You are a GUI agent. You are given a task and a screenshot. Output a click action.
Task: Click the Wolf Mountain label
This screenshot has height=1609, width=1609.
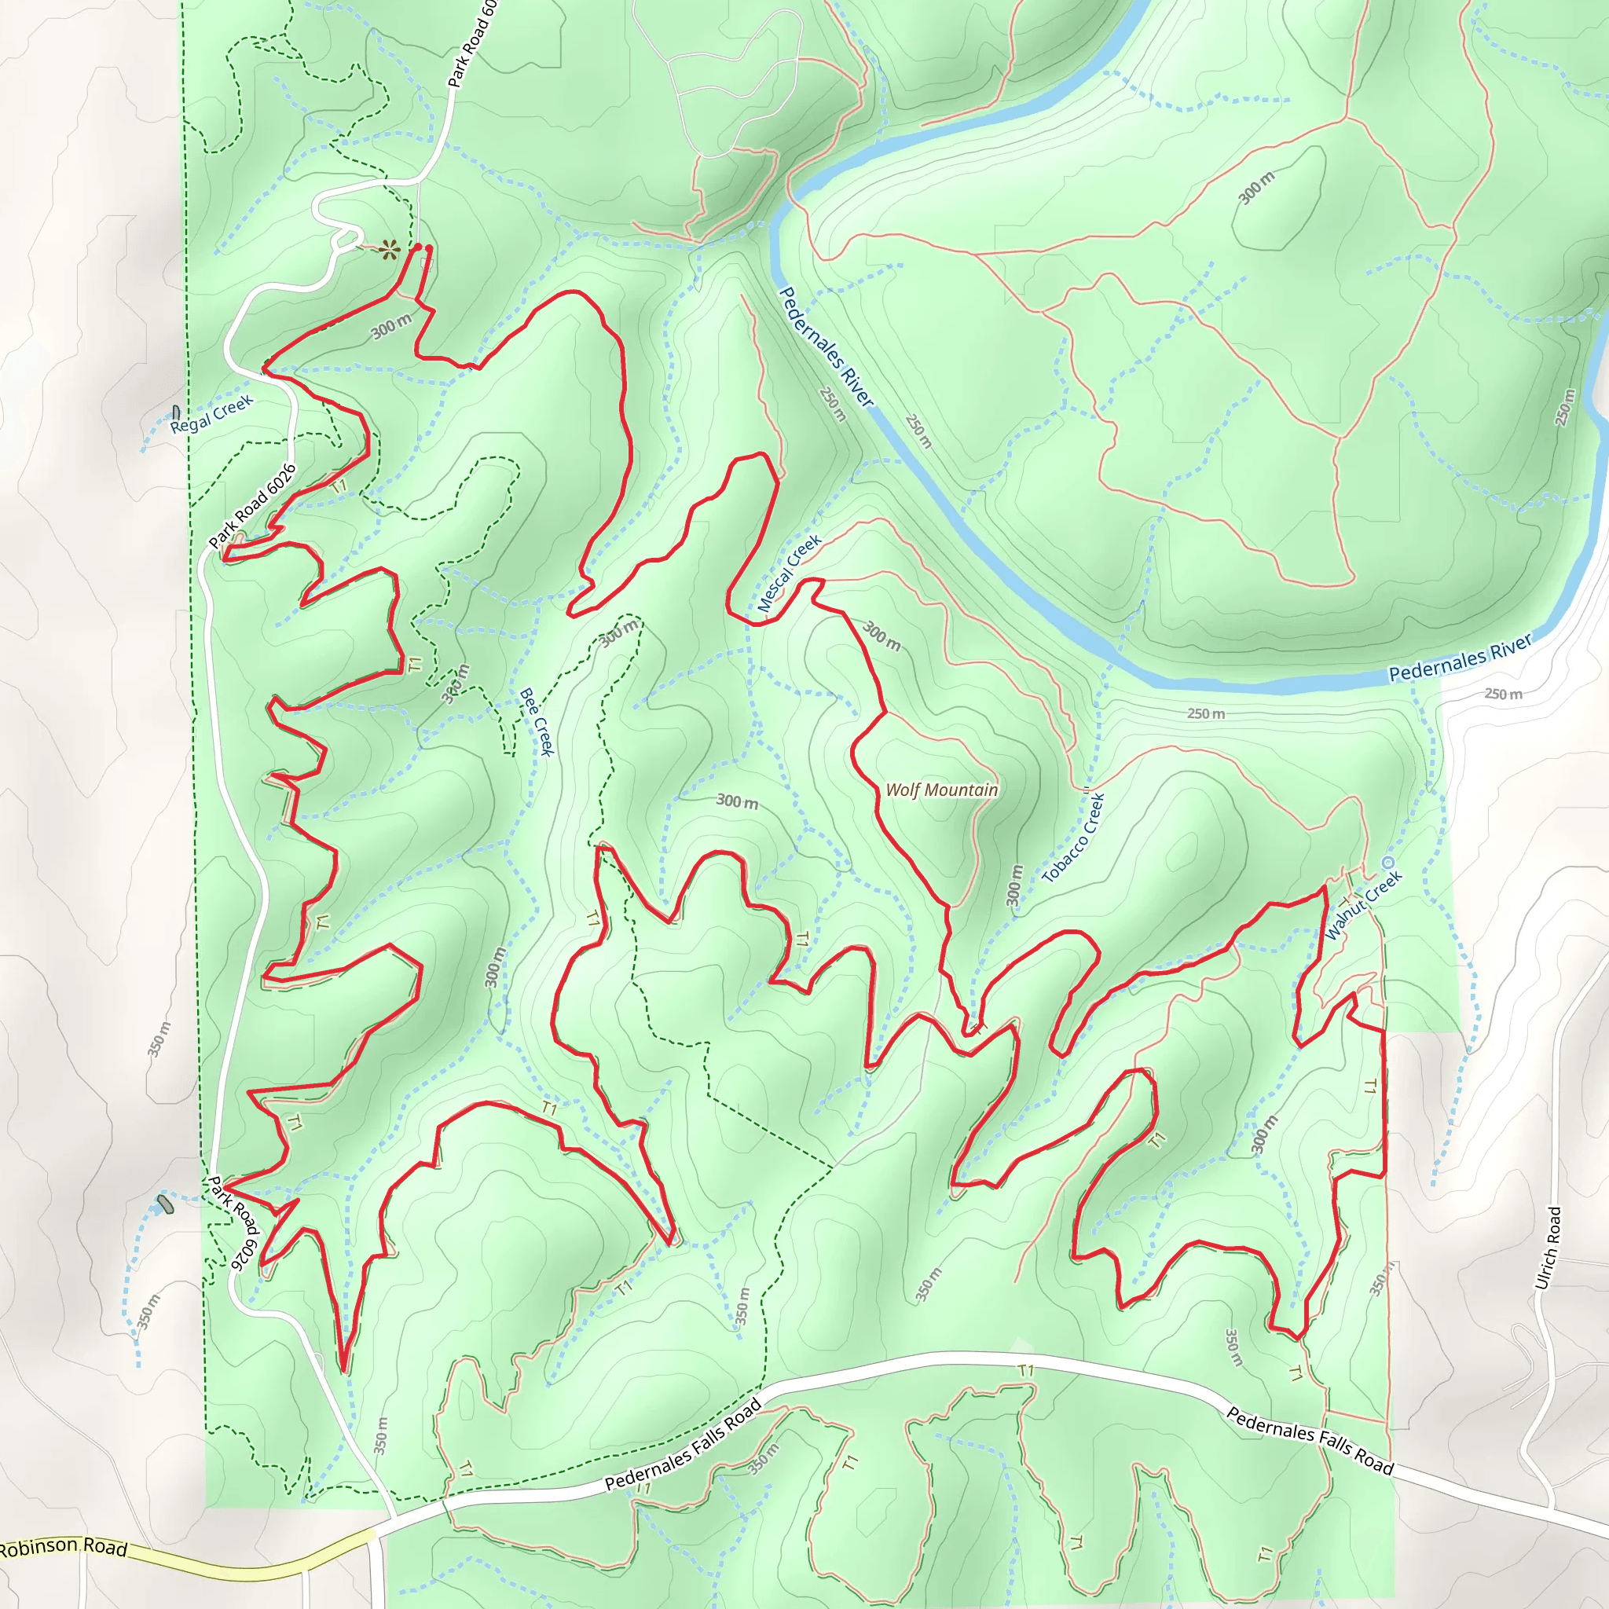(x=941, y=790)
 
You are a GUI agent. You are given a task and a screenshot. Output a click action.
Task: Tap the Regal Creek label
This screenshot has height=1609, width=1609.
(x=211, y=415)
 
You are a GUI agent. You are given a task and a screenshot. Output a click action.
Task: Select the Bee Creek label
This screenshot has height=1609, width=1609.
(x=537, y=721)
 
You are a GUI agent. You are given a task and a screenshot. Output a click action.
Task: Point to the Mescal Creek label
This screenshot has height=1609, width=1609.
(x=790, y=574)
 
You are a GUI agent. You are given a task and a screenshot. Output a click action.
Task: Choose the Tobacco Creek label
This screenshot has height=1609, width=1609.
(x=1074, y=837)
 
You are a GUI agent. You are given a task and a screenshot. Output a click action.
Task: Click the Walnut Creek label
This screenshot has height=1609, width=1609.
(x=1363, y=905)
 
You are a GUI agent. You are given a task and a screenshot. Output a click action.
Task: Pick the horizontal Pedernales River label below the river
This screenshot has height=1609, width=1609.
(x=1460, y=658)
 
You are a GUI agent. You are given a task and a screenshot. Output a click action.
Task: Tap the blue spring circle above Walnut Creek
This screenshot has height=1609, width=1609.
(x=1387, y=862)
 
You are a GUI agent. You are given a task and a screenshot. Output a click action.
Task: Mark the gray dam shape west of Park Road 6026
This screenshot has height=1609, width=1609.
(x=165, y=1205)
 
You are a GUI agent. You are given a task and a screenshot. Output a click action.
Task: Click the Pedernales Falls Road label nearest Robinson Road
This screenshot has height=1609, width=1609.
(x=683, y=1445)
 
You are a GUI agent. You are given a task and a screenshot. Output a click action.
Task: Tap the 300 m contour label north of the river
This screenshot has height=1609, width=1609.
(x=1256, y=189)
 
